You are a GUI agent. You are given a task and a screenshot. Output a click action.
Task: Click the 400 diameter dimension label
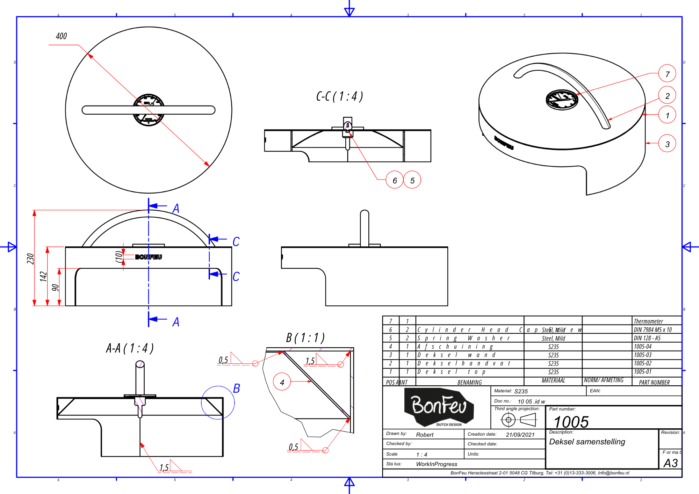[x=61, y=36]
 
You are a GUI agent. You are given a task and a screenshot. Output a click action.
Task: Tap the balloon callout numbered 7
[x=667, y=74]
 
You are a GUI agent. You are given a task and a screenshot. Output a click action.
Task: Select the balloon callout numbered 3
[x=667, y=144]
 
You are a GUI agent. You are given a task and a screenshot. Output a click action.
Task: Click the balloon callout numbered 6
[x=395, y=180]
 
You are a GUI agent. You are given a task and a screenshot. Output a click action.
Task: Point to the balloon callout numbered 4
[x=282, y=382]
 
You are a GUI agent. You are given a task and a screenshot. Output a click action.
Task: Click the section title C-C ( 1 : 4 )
[x=339, y=96]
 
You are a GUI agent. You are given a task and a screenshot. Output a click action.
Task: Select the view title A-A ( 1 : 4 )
[x=130, y=348]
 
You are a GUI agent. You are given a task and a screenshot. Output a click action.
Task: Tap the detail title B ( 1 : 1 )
[x=305, y=337]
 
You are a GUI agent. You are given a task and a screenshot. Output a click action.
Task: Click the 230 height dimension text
[x=30, y=259]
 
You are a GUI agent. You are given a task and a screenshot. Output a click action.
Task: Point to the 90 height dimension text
[x=55, y=287]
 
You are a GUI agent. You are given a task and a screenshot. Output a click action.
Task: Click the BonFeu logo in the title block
[x=439, y=407]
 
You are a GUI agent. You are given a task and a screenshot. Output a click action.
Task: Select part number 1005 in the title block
[x=571, y=422]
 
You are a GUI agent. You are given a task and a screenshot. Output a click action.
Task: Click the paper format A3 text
[x=670, y=463]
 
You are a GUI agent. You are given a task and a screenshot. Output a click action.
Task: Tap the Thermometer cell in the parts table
[x=648, y=321]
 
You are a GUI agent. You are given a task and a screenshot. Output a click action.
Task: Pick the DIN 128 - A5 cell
[x=647, y=338]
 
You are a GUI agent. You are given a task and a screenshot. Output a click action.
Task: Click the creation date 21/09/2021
[x=520, y=435]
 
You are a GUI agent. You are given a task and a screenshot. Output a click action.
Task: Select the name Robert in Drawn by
[x=424, y=435]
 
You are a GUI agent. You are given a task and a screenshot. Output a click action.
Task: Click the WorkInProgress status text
[x=437, y=464]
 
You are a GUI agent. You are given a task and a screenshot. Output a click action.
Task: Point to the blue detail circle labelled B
[x=218, y=402]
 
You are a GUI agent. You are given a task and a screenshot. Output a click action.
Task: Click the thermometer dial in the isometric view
[x=562, y=100]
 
